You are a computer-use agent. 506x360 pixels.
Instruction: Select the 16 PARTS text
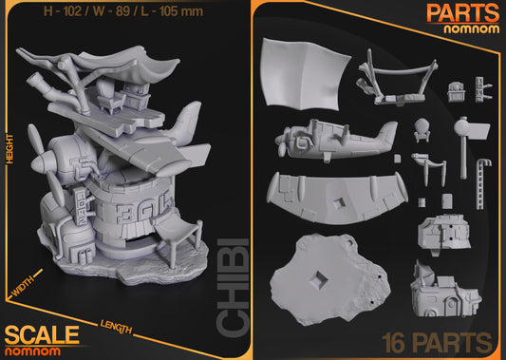(x=437, y=341)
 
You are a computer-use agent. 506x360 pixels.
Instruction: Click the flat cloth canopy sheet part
(x=303, y=71)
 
